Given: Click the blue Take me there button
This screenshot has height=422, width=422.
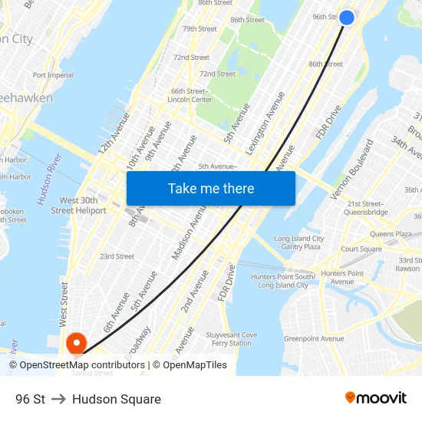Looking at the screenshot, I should (x=211, y=188).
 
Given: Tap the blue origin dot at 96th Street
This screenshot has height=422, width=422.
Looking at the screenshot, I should (x=347, y=17).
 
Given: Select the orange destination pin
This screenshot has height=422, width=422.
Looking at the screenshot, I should (x=76, y=342).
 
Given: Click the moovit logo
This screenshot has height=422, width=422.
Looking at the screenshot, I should (x=375, y=398).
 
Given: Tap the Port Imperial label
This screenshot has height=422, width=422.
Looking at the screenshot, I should (x=53, y=75).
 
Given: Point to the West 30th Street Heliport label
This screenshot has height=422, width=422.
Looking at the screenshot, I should (x=78, y=206).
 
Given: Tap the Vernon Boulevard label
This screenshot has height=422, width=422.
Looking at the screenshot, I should (x=351, y=170).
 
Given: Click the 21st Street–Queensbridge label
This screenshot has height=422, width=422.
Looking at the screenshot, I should (x=367, y=208).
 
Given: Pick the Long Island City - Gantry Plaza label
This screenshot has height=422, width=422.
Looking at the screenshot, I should (x=298, y=242).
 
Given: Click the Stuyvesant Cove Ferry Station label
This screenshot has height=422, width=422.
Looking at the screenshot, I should (x=231, y=338).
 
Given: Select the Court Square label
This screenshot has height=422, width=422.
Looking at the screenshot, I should (x=361, y=249).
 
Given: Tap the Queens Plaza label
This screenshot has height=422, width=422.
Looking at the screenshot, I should (x=391, y=234).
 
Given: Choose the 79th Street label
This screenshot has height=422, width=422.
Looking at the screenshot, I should (x=199, y=29).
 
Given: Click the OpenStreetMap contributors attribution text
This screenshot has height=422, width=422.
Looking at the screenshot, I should (x=77, y=365).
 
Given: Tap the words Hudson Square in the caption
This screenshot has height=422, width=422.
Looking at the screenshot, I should (x=117, y=399).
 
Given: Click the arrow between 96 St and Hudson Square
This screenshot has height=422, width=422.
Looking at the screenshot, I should (x=58, y=399).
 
